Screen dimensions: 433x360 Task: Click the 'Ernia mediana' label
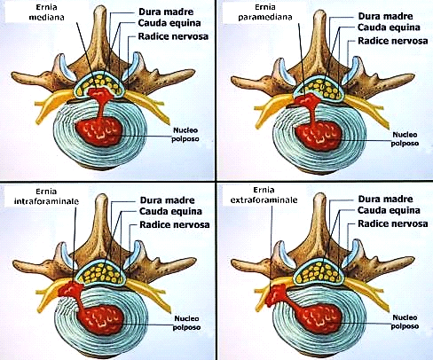(x=46, y=12)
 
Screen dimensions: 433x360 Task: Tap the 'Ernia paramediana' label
(x=265, y=12)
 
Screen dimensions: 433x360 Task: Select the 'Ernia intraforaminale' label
(x=46, y=197)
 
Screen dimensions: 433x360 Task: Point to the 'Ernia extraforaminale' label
(x=264, y=195)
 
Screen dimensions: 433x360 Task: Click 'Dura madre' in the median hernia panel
(x=166, y=12)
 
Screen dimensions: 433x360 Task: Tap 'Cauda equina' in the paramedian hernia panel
(x=389, y=27)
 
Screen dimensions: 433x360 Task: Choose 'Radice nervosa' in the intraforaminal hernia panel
(x=175, y=224)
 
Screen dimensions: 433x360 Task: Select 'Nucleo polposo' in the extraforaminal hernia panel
(x=405, y=322)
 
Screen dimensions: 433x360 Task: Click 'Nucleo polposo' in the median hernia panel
(x=185, y=135)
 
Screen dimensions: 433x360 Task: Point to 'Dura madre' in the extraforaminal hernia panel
(x=385, y=199)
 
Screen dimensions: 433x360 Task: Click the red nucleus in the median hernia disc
(x=99, y=130)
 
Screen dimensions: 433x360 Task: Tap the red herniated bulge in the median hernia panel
(x=99, y=94)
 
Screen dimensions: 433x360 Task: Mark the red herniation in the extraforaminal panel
(x=276, y=295)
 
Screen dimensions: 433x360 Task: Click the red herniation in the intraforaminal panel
(x=70, y=289)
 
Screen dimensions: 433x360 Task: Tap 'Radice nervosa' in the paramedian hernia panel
(x=393, y=41)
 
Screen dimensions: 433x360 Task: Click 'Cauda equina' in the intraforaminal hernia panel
(x=170, y=211)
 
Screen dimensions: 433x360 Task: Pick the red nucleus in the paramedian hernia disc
(x=319, y=137)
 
